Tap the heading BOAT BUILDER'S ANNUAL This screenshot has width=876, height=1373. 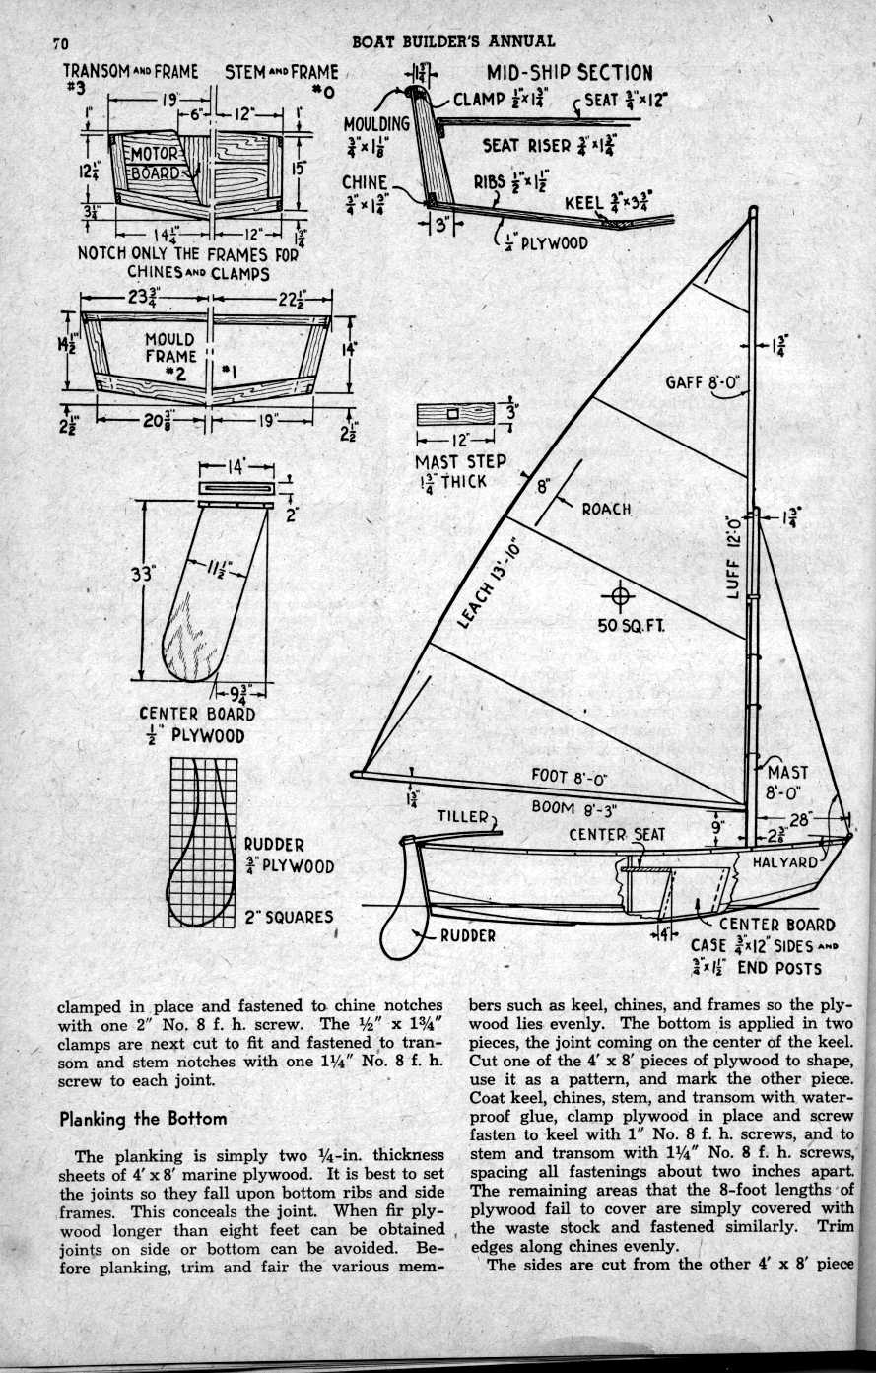tap(452, 41)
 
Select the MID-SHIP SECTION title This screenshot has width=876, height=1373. tap(569, 73)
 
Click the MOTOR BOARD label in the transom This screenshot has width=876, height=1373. tap(156, 164)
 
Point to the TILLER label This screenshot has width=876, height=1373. tap(464, 816)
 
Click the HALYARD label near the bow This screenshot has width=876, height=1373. tap(784, 861)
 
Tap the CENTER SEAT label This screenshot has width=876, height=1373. tap(617, 835)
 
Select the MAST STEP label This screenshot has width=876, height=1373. tap(460, 461)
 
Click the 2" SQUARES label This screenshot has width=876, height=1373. tap(288, 917)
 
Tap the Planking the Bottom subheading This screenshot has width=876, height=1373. tap(143, 1119)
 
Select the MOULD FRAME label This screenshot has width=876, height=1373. tap(169, 348)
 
